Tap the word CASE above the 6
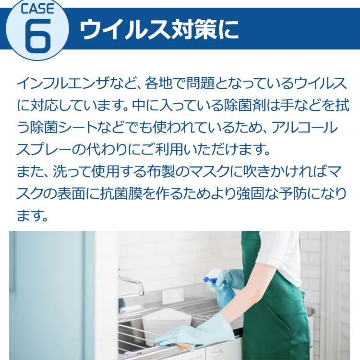pos(36,8)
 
